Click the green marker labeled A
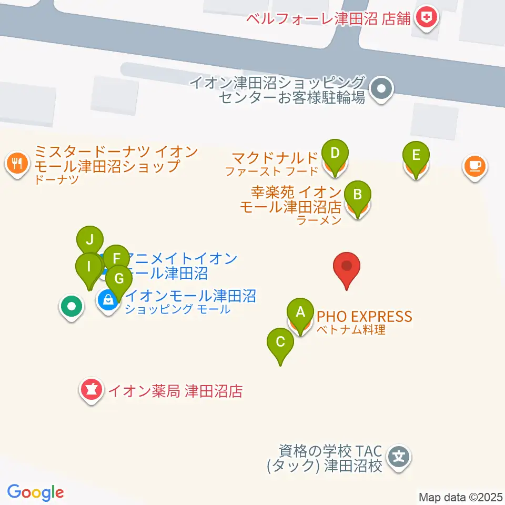click(300, 312)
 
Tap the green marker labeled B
click(357, 195)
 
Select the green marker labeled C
click(280, 342)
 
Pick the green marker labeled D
click(336, 154)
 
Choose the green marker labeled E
click(416, 156)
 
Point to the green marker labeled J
click(90, 241)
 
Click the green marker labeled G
click(119, 277)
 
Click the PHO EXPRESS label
click(363, 317)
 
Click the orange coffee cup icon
click(475, 166)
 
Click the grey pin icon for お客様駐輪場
click(381, 89)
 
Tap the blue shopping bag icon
click(108, 300)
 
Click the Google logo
click(36, 492)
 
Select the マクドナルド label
click(275, 157)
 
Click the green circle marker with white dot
click(72, 305)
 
